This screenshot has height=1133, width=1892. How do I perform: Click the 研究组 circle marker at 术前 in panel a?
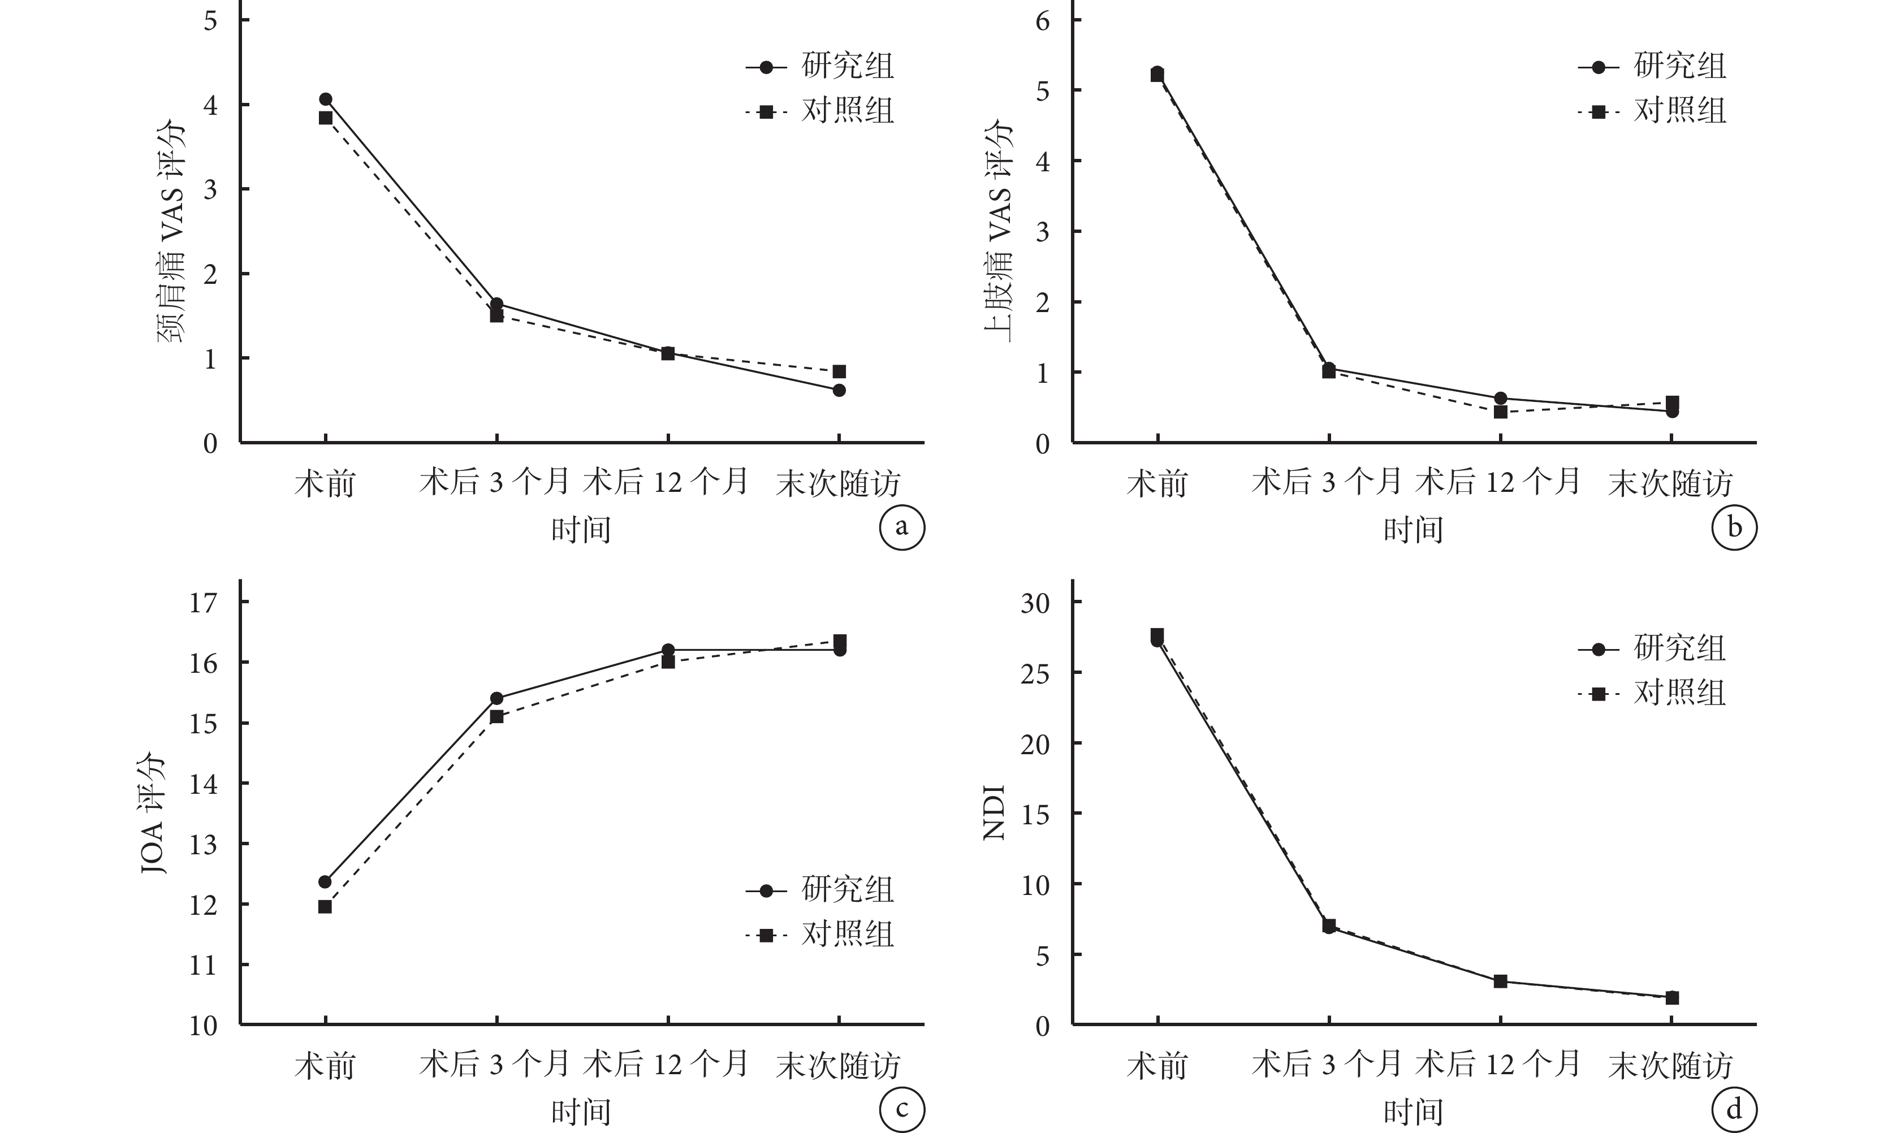(x=325, y=100)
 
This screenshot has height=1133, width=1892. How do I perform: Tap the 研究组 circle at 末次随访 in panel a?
(x=839, y=391)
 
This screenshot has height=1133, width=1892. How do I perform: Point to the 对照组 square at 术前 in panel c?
(x=325, y=907)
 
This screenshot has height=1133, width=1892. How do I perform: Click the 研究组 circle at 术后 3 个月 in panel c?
(x=496, y=699)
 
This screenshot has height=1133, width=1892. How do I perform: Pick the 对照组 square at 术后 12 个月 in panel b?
(x=1500, y=412)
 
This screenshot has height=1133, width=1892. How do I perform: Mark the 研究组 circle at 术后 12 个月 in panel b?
(x=1500, y=399)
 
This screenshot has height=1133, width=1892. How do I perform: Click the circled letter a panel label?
(x=902, y=527)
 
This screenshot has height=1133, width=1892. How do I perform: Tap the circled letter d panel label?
(x=1734, y=1110)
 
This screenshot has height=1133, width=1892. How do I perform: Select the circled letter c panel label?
(x=902, y=1110)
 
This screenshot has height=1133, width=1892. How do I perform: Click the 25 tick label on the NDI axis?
(x=1035, y=673)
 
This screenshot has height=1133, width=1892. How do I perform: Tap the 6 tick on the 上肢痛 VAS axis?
(x=1043, y=20)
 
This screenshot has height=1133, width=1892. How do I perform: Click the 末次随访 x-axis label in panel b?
(x=1670, y=483)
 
